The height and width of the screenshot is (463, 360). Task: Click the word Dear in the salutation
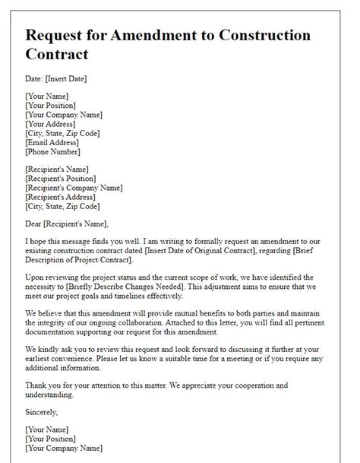pos(34,224)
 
